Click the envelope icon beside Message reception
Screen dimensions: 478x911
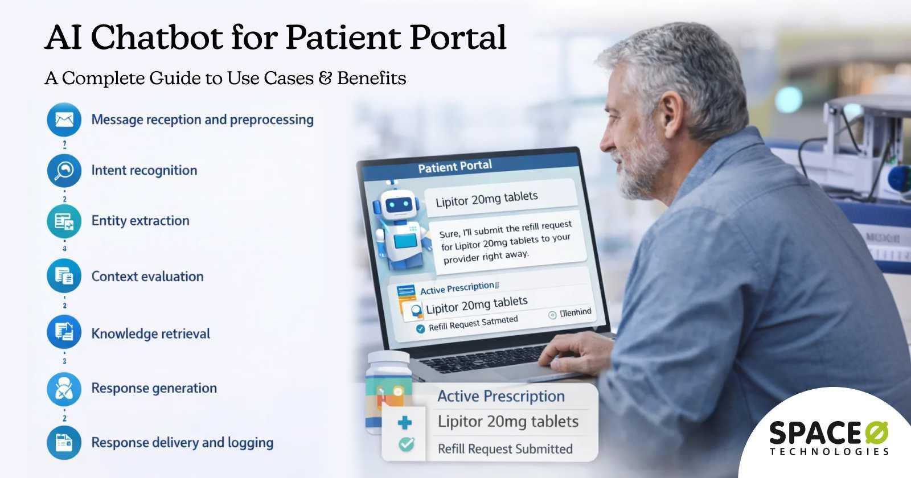click(x=64, y=119)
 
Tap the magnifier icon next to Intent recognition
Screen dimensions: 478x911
click(x=64, y=170)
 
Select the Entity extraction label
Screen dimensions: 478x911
click(x=140, y=221)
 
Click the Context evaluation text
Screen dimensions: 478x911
click(x=147, y=277)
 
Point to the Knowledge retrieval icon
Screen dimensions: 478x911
click(x=64, y=332)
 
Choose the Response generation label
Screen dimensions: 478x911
click(x=154, y=388)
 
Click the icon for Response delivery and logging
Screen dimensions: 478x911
click(x=64, y=443)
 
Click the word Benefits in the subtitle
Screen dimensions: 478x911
click(x=371, y=78)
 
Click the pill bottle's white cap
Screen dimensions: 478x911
click(x=388, y=359)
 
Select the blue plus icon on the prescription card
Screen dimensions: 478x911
click(x=405, y=423)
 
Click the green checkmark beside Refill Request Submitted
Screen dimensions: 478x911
click(x=406, y=444)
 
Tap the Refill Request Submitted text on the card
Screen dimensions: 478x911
click(x=505, y=449)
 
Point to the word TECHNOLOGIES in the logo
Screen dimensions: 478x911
click(x=829, y=452)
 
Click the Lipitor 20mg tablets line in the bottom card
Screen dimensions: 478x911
click(x=508, y=422)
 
